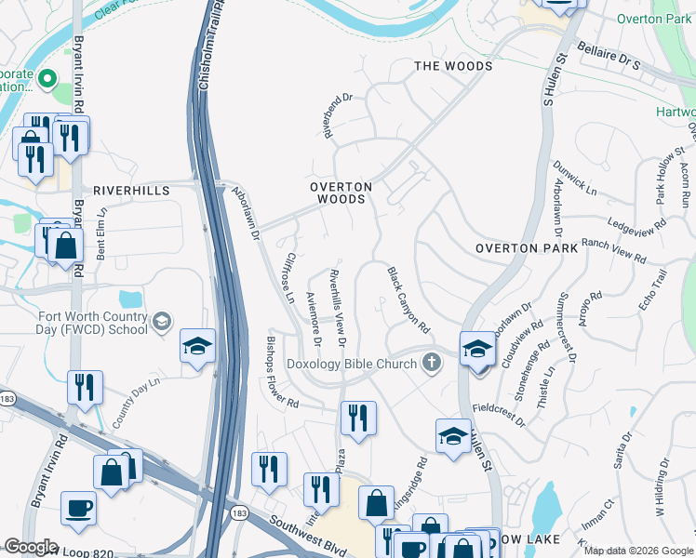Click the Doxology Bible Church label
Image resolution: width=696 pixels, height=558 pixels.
(x=352, y=364)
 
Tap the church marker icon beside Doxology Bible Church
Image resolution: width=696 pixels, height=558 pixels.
(x=431, y=363)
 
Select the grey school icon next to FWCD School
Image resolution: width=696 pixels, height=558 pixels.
(x=162, y=322)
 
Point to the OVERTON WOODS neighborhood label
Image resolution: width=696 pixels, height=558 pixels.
(x=341, y=193)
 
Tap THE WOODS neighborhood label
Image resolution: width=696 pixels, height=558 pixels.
(x=452, y=66)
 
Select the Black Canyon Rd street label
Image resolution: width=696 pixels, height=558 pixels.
(x=408, y=300)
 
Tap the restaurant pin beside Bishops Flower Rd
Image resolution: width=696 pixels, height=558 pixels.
(x=358, y=418)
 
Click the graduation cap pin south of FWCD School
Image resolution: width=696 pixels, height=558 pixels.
(x=198, y=347)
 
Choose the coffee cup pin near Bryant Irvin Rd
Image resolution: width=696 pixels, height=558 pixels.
(x=78, y=508)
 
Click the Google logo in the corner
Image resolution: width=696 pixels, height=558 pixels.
(x=31, y=547)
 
